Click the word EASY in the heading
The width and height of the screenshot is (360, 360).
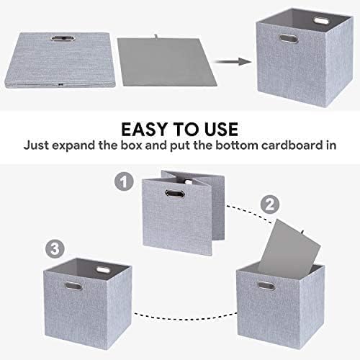pyautogui.click(x=143, y=130)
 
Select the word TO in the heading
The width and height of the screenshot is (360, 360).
pyautogui.click(x=180, y=130)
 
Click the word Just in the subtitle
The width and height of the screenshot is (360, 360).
pyautogui.click(x=39, y=144)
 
